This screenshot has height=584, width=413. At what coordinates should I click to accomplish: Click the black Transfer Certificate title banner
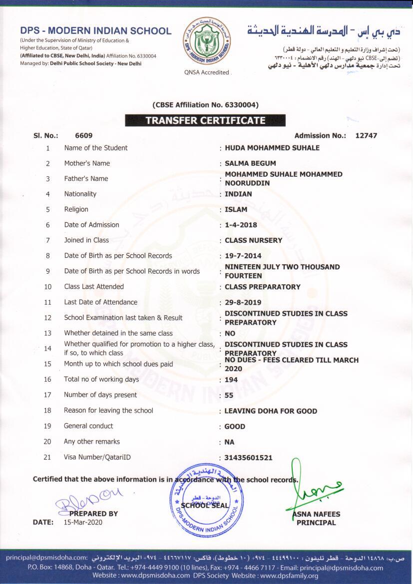click(205, 120)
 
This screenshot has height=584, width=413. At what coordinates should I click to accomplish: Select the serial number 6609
click(83, 135)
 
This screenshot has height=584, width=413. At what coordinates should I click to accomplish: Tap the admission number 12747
click(366, 135)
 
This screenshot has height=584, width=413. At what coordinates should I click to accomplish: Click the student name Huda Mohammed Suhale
click(272, 148)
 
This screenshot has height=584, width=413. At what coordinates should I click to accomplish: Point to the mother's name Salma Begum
click(250, 163)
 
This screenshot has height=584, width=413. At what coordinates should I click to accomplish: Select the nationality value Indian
click(238, 194)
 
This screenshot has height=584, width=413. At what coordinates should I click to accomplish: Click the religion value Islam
click(236, 209)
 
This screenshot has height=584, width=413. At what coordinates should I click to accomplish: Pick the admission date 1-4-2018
click(241, 225)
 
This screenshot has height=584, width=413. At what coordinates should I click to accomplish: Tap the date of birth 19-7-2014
click(243, 256)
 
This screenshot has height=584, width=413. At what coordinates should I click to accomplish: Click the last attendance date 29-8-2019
click(243, 302)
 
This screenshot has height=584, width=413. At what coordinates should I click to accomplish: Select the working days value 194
click(231, 380)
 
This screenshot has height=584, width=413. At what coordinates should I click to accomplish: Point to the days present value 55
click(229, 395)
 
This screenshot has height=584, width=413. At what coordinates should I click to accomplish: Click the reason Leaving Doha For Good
click(271, 411)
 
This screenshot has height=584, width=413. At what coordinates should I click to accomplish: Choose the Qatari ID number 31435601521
click(249, 458)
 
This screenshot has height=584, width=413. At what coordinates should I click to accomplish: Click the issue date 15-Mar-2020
click(83, 523)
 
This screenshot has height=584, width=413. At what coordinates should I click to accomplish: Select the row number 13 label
click(48, 333)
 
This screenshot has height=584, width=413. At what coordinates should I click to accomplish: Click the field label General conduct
click(88, 426)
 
